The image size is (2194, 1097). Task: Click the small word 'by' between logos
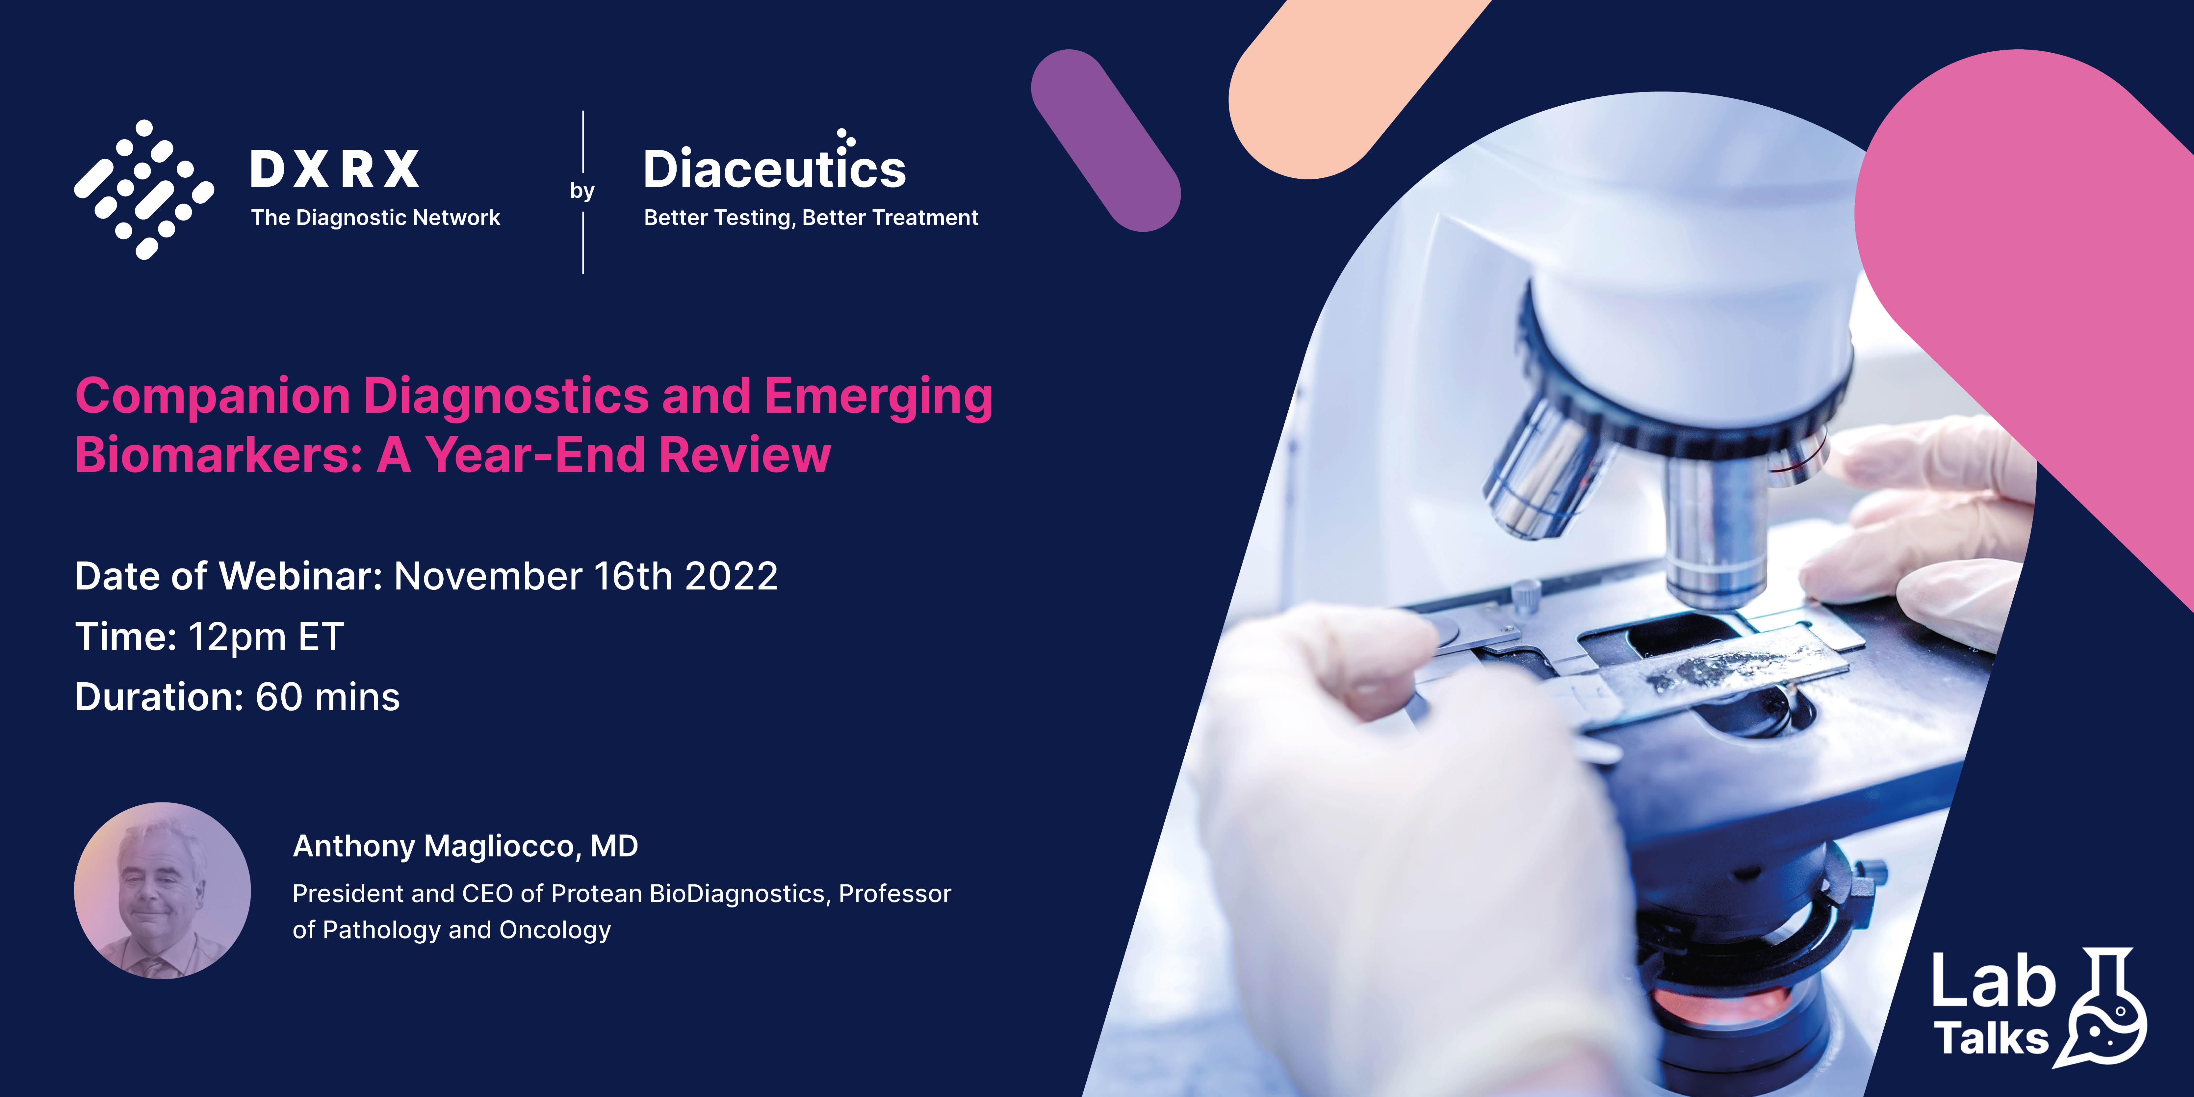(582, 191)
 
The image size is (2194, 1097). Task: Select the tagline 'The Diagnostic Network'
(375, 218)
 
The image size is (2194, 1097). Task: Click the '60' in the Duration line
(278, 697)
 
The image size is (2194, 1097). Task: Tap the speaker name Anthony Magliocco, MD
(465, 847)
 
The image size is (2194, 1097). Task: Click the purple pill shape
(1105, 141)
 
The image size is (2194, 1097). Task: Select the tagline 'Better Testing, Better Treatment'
(811, 218)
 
